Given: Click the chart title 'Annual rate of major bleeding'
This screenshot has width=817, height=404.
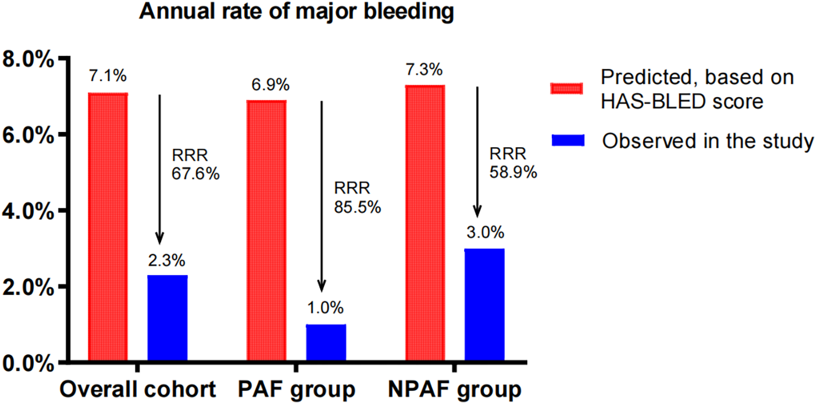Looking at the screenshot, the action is pos(296,12).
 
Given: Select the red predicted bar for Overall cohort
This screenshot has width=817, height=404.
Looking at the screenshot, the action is pos(108,227).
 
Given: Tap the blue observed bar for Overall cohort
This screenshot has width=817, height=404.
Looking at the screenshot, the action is pos(167,318).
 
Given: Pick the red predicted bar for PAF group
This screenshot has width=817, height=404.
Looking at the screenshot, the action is pos(267,230).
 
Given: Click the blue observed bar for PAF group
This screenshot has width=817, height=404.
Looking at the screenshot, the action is pos(326,343).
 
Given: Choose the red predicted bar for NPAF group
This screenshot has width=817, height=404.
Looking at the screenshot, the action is pos(425,223).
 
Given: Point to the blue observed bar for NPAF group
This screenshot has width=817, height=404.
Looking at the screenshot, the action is pos(485,305).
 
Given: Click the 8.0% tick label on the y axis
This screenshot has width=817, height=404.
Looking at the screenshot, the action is pos(28,59).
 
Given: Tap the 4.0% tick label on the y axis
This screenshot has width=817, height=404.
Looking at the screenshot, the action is pos(28,211).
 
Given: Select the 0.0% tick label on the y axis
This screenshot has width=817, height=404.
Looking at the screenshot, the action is pos(28,363).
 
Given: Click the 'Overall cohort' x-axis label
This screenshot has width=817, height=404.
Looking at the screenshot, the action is pos(138,389).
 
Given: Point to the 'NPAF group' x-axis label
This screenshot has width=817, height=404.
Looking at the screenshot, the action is pos(455,390).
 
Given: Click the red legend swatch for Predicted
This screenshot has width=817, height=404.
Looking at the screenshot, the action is pos(567,88).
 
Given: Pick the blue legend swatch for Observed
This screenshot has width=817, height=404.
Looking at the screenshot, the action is pos(568,140).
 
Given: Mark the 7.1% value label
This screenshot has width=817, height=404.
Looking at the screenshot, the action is pos(108,76).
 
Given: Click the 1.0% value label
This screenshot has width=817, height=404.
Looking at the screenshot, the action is pos(325,308).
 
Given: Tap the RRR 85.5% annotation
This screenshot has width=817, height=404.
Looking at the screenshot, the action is pos(358,198).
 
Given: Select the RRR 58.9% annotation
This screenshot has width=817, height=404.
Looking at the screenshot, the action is pos(513,163).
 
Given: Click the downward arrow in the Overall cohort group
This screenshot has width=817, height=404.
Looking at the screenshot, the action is pos(159,169).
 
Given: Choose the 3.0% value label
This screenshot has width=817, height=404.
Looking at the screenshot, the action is pos(486,233).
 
